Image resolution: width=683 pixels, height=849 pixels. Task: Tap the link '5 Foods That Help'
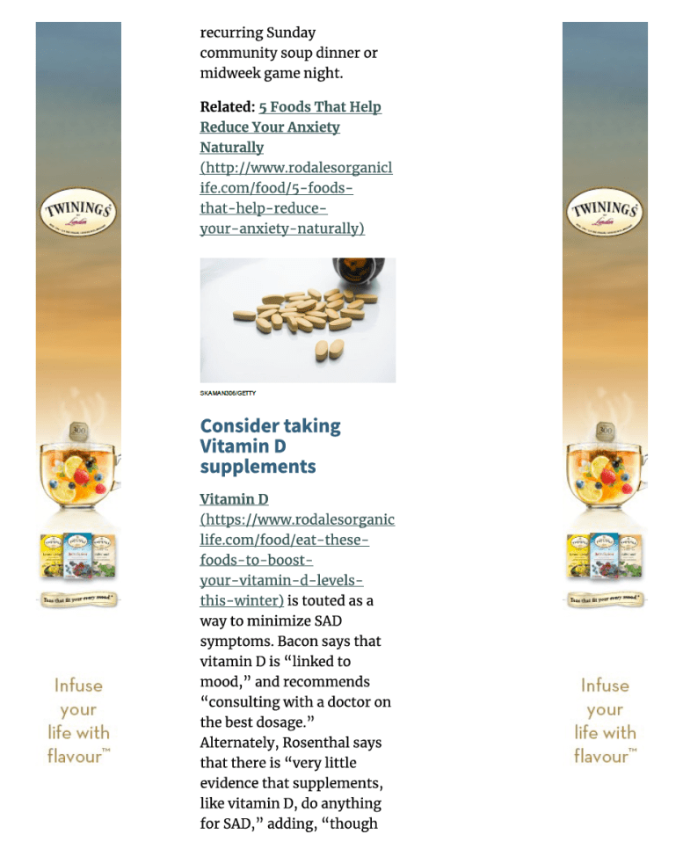320,107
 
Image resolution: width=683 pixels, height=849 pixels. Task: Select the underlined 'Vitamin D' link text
234,499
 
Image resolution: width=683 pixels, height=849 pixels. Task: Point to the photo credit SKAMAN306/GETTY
228,393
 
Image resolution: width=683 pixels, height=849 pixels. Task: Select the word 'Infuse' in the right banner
605,686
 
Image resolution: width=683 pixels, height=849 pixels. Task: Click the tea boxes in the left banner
77,556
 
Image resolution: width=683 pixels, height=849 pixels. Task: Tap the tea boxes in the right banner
605,556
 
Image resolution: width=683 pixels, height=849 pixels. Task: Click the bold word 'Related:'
227,107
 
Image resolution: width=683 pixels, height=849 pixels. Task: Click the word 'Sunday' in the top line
291,33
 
